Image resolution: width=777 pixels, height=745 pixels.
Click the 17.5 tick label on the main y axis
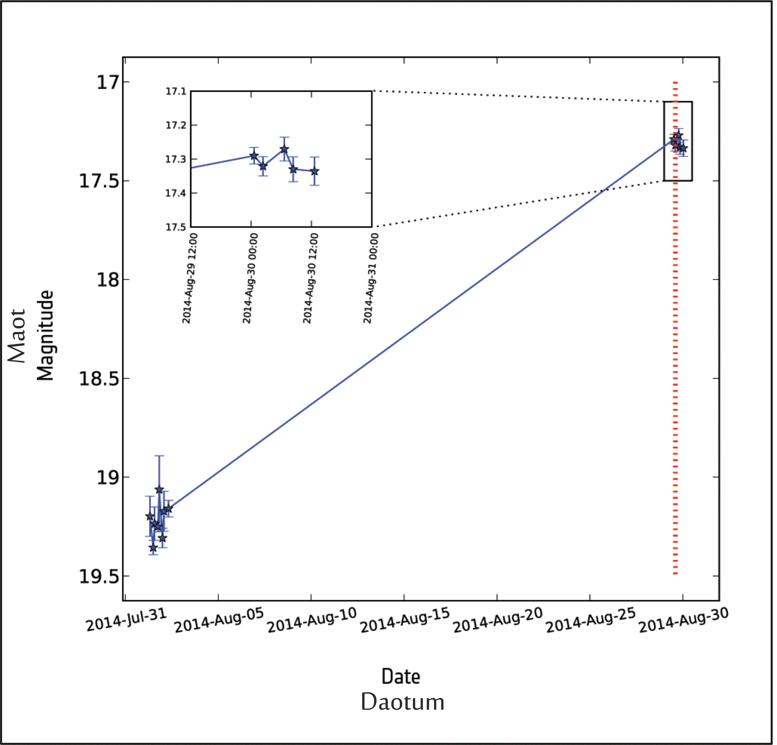(99, 181)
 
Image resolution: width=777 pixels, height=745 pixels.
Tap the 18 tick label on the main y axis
(108, 280)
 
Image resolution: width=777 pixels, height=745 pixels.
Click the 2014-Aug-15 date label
(405, 620)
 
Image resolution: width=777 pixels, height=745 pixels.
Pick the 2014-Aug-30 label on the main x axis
(683, 620)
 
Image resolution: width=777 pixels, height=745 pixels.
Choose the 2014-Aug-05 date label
(219, 620)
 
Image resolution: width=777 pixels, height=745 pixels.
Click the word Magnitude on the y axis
(45, 335)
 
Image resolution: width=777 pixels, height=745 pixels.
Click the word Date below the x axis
(401, 677)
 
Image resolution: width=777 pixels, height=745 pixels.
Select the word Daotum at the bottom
(402, 702)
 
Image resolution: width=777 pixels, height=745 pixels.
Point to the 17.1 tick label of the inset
(176, 92)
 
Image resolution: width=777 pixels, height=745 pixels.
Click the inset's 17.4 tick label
(176, 194)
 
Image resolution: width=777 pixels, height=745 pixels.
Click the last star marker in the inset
(315, 172)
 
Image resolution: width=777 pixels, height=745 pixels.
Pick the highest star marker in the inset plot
(284, 150)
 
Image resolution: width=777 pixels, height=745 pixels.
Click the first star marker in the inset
(254, 156)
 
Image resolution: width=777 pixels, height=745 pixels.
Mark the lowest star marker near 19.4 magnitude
(153, 548)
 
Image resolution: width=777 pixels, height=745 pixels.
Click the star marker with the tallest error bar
(159, 490)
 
